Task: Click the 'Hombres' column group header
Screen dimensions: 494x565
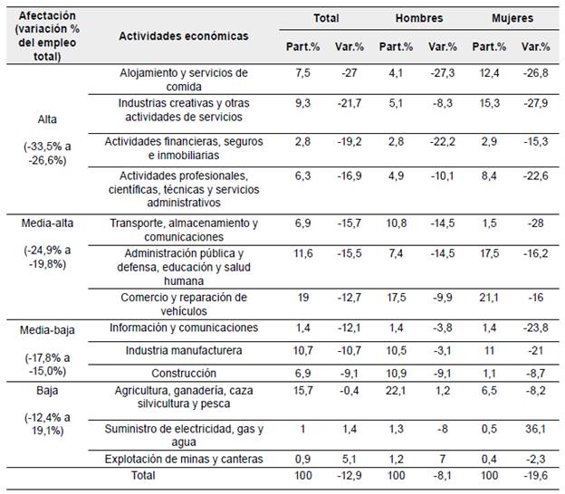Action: click(x=418, y=17)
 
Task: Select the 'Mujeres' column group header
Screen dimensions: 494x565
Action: click(x=512, y=17)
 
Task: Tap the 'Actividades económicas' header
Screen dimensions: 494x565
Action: click(x=184, y=36)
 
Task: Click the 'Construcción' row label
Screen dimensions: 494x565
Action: click(x=184, y=372)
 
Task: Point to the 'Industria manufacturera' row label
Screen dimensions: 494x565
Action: click(x=184, y=349)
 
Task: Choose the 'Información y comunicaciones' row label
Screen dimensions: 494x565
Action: click(x=184, y=327)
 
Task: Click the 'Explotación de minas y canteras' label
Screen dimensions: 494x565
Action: click(x=184, y=459)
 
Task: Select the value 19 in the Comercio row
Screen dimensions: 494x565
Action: click(x=302, y=297)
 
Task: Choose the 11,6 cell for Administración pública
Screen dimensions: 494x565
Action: click(x=302, y=253)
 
